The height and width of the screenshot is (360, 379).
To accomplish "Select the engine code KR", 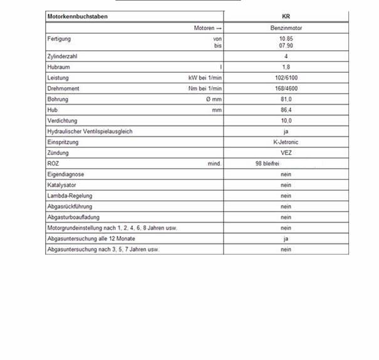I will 286,17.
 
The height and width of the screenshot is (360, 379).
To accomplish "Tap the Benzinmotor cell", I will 286,28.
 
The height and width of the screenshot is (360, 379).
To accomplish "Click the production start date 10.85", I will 286,39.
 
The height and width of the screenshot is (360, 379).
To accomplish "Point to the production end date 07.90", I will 286,46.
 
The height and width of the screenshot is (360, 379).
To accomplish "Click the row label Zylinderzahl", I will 62,56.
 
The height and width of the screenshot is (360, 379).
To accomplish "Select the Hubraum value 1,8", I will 286,67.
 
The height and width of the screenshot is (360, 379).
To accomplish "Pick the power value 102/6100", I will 286,78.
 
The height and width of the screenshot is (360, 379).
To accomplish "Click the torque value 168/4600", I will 286,88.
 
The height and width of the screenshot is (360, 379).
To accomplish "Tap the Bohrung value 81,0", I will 286,99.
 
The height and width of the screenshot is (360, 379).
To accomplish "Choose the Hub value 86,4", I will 286,110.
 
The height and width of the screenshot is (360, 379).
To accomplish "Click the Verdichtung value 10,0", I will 286,120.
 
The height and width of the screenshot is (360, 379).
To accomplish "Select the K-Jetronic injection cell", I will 286,142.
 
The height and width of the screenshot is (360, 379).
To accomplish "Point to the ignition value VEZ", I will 286,153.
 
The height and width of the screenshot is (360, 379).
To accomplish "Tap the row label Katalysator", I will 61,185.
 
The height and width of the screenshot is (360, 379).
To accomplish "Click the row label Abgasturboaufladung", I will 73,217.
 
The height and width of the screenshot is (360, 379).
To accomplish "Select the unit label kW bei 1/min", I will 205,78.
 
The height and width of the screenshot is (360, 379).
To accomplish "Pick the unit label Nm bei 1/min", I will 205,88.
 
